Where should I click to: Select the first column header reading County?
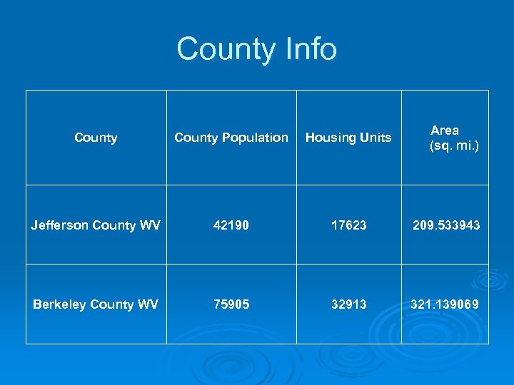pos(96,138)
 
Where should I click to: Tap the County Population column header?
pos(231,138)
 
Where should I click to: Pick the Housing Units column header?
pos(348,138)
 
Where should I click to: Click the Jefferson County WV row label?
pos(96,225)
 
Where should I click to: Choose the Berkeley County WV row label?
pos(96,304)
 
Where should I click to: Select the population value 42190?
pos(231,225)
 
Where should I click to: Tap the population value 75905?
pos(231,304)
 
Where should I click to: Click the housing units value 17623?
pos(348,225)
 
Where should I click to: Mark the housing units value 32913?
pos(348,304)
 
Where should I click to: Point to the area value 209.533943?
pos(446,225)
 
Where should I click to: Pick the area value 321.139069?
pos(444,304)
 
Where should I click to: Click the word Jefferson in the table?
pos(59,225)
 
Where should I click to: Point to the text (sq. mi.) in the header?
pos(454,145)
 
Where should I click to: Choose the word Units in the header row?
pos(376,138)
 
